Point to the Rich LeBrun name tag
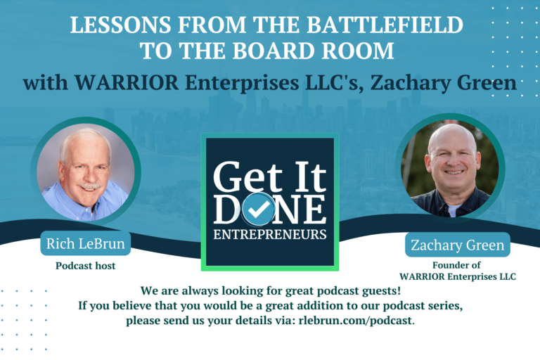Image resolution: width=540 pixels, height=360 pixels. pos(85,244)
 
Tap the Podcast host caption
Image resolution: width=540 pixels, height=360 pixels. pos(85,266)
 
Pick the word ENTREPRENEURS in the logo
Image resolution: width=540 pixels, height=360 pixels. pos(270,234)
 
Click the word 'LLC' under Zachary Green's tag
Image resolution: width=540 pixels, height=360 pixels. pos(505,276)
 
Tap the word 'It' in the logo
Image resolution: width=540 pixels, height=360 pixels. pos(309,176)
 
